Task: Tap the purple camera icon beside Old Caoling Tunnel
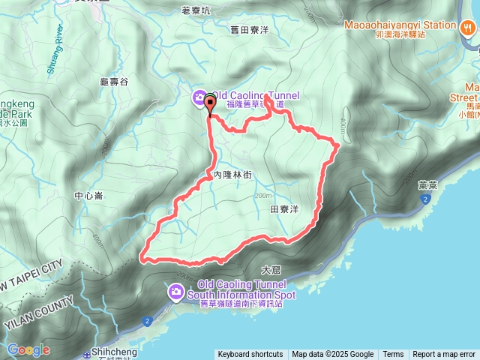tap(199, 96)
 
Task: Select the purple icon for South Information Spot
tap(176, 291)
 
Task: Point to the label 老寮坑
tap(197, 11)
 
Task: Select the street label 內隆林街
tap(223, 174)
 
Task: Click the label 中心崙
tap(88, 197)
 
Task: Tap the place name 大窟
tap(271, 268)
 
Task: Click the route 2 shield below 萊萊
tap(424, 199)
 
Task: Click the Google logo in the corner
tap(28, 349)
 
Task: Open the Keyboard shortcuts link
tap(250, 354)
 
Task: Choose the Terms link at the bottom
tap(393, 354)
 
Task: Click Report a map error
tap(444, 354)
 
